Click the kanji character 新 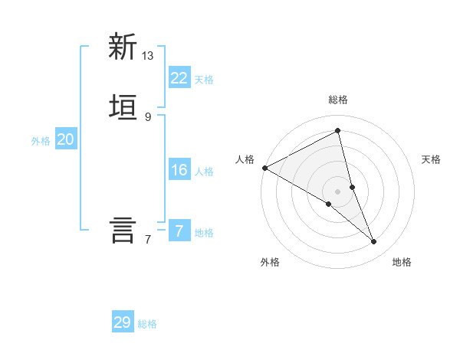[123, 47]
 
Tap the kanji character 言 [123, 230]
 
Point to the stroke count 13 [148, 56]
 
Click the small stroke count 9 [148, 116]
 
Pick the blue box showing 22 [179, 78]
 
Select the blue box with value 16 [179, 170]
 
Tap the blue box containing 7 [179, 231]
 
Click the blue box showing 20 [65, 139]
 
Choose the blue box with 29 [123, 322]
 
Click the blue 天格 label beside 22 [204, 80]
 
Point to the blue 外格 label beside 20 [41, 141]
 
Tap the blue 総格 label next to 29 [147, 324]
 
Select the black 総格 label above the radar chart [338, 100]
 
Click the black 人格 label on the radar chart [245, 159]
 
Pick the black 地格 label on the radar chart [402, 262]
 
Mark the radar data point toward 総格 [338, 131]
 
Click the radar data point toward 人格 [264, 168]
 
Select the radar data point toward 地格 [374, 241]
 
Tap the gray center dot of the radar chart [338, 191]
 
